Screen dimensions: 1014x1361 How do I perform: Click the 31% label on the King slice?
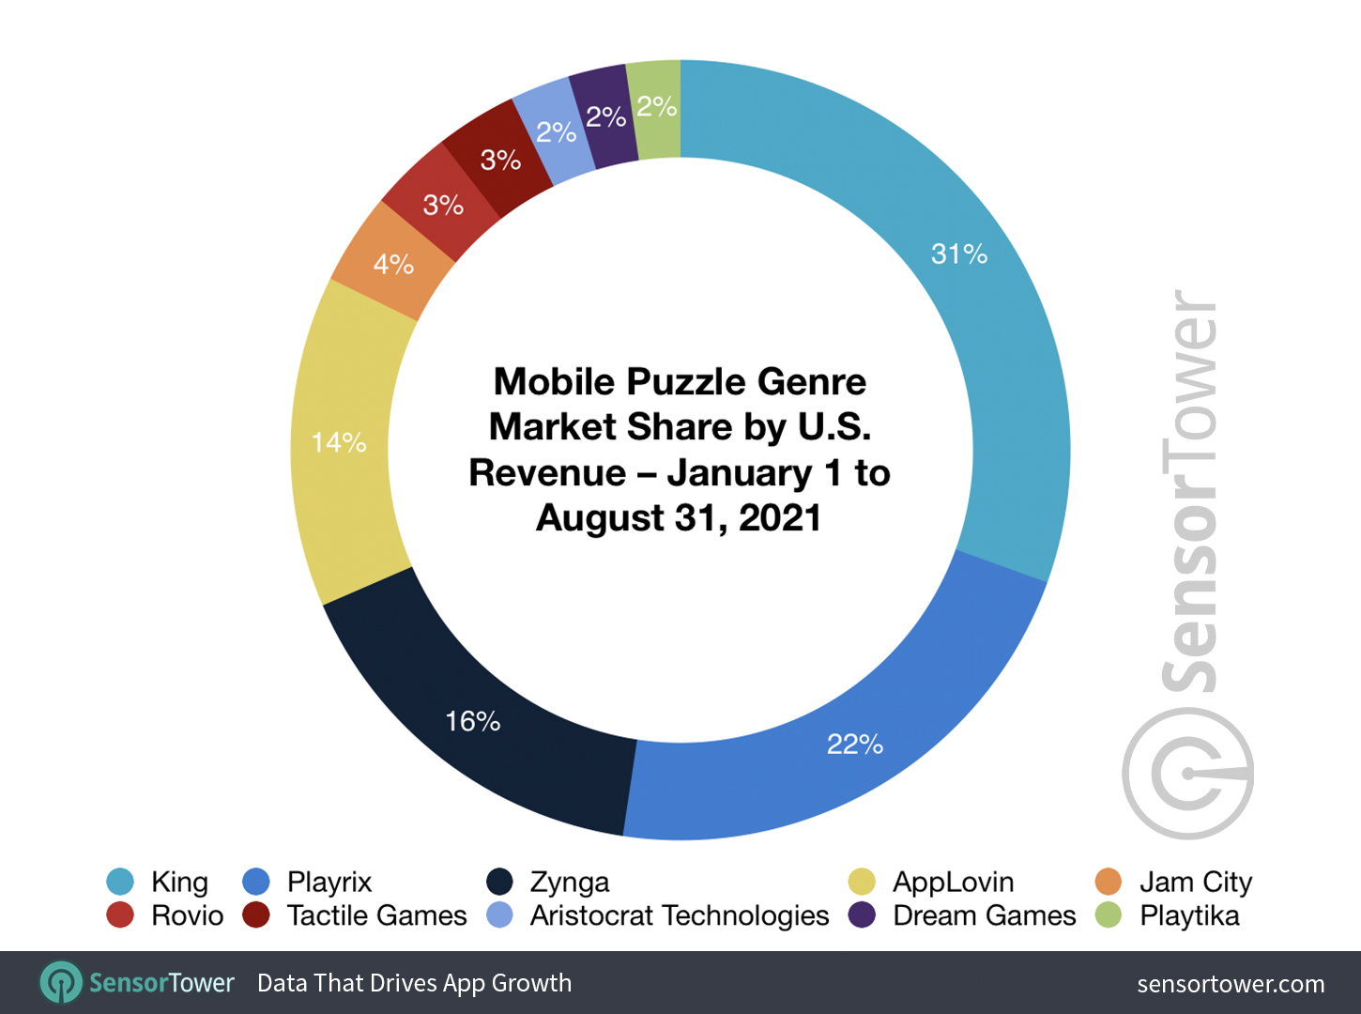click(958, 254)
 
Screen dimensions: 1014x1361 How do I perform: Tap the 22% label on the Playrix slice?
click(854, 745)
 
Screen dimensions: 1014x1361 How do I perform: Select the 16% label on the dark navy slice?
click(472, 721)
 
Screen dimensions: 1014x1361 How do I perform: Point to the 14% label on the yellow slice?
click(339, 442)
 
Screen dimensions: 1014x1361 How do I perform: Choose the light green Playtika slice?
click(656, 107)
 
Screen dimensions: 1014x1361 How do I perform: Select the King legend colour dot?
click(120, 882)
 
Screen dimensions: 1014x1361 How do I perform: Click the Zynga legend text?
click(570, 883)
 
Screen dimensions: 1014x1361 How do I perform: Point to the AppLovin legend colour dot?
click(862, 882)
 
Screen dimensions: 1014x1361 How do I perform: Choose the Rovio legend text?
click(188, 915)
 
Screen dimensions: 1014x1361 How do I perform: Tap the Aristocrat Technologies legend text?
click(680, 915)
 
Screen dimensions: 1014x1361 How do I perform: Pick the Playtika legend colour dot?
click(1109, 914)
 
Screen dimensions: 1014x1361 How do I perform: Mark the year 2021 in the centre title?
click(779, 518)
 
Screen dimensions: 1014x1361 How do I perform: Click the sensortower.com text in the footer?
click(1231, 984)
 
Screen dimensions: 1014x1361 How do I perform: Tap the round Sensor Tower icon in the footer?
click(61, 983)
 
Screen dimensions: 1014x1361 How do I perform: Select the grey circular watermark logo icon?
click(1187, 774)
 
